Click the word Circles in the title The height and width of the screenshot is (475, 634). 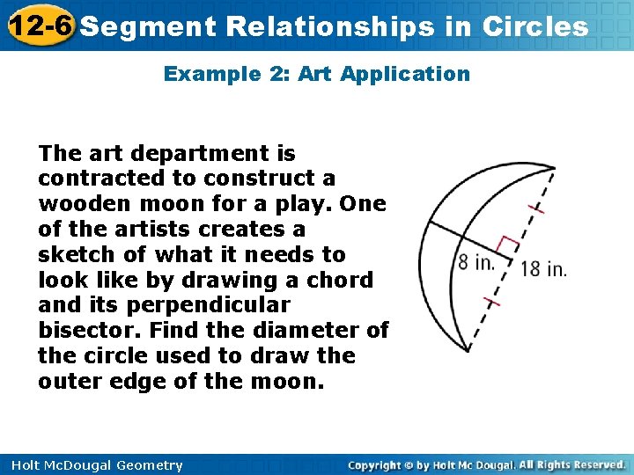[x=535, y=26]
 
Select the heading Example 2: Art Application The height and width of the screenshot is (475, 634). [x=317, y=74]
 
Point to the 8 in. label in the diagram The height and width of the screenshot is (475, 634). [x=475, y=261]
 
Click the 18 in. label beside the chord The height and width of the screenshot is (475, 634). [x=543, y=269]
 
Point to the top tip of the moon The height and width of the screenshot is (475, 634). [x=555, y=167]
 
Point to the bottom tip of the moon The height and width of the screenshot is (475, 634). [x=468, y=351]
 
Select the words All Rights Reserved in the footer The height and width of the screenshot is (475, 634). [x=572, y=464]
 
